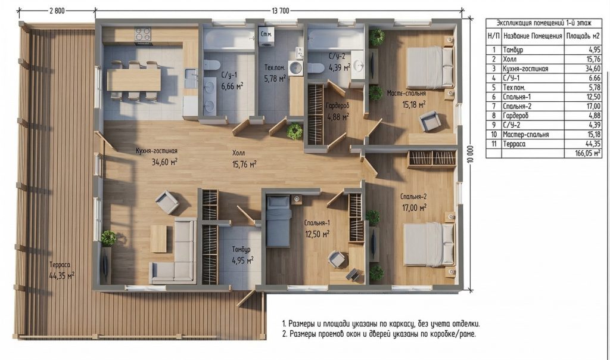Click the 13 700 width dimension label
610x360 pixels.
(x=280, y=11)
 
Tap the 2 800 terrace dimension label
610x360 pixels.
(x=57, y=11)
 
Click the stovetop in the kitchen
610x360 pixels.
(x=143, y=34)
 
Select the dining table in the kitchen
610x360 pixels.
(x=133, y=80)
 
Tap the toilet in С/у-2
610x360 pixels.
(x=316, y=68)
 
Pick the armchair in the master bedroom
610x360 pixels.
(x=430, y=121)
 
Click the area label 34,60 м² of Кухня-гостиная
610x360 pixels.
(x=164, y=162)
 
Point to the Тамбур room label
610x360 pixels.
(x=241, y=249)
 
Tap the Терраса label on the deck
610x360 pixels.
(x=60, y=265)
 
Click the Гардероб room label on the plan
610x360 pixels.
(x=337, y=105)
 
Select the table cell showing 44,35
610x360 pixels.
(x=593, y=144)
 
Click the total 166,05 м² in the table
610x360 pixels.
(x=588, y=153)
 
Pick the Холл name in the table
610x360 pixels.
(x=510, y=59)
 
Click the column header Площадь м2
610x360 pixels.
(x=583, y=36)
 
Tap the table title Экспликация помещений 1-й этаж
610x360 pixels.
(x=544, y=23)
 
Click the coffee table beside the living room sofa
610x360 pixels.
(x=158, y=238)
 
